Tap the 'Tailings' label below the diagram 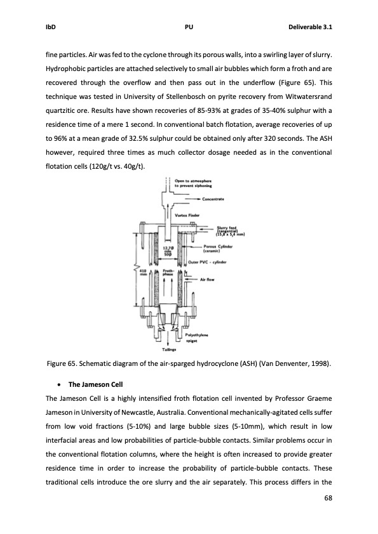pyautogui.click(x=168, y=348)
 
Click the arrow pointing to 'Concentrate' pyautogui.click(x=185, y=199)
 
